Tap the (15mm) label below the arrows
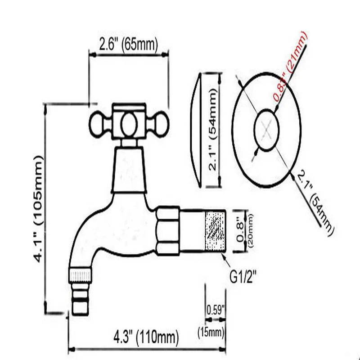(x=211, y=333)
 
